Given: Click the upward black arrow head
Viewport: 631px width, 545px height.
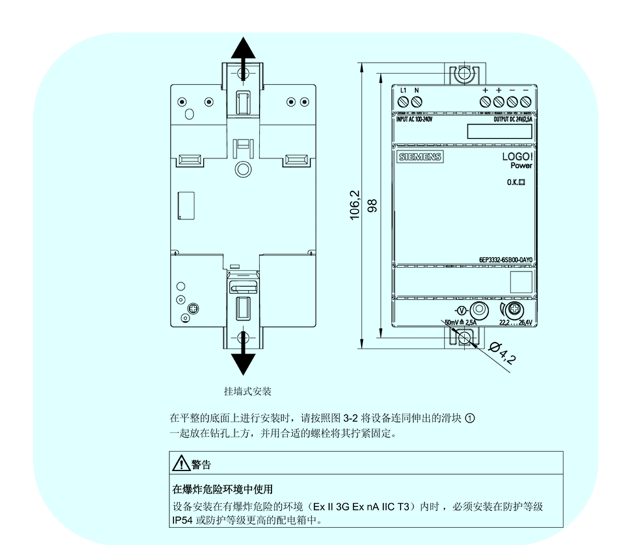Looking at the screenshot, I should coord(243,49).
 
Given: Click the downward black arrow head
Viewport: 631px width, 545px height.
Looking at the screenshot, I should coord(243,363).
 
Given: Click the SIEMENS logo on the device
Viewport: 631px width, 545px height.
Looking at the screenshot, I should coord(420,157).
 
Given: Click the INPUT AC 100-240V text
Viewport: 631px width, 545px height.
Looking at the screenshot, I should coord(414,120).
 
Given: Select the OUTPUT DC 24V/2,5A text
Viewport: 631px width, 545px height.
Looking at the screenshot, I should coord(509,120).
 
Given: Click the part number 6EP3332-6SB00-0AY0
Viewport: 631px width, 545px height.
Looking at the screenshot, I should coord(501,259).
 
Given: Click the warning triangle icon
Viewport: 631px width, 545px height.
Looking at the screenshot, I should coord(180,464).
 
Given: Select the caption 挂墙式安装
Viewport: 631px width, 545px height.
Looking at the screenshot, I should coord(247,392).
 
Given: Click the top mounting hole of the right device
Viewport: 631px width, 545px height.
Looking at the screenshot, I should coord(463,73).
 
